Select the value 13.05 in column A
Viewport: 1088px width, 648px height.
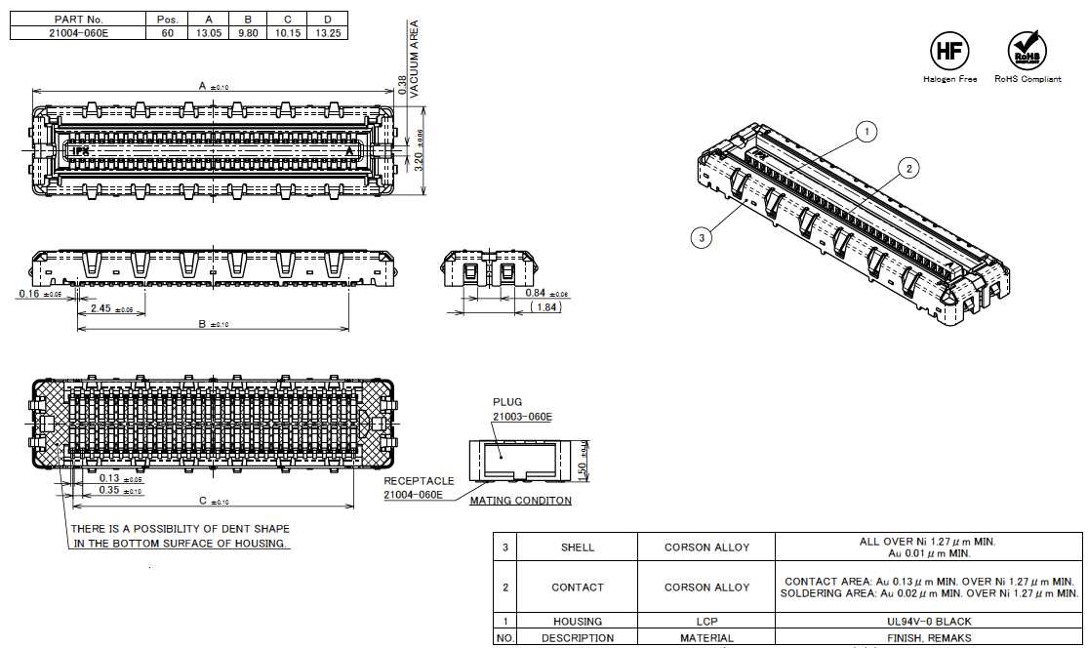(x=209, y=32)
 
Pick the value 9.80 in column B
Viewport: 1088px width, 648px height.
(x=248, y=32)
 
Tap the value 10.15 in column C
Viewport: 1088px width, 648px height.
(x=287, y=32)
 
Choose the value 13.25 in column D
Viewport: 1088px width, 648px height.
(x=327, y=32)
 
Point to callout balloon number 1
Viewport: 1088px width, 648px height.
(x=865, y=131)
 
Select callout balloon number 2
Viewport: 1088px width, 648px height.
(x=908, y=169)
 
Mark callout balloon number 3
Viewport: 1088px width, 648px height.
(x=701, y=235)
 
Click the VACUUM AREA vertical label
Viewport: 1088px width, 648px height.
(x=414, y=59)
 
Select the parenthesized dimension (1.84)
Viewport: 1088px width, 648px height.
(x=544, y=307)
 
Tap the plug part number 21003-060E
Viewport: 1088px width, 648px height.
(x=522, y=417)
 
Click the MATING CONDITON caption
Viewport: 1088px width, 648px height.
(x=520, y=501)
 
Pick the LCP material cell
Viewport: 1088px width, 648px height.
(x=706, y=621)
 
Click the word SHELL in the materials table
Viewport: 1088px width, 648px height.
(x=578, y=547)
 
